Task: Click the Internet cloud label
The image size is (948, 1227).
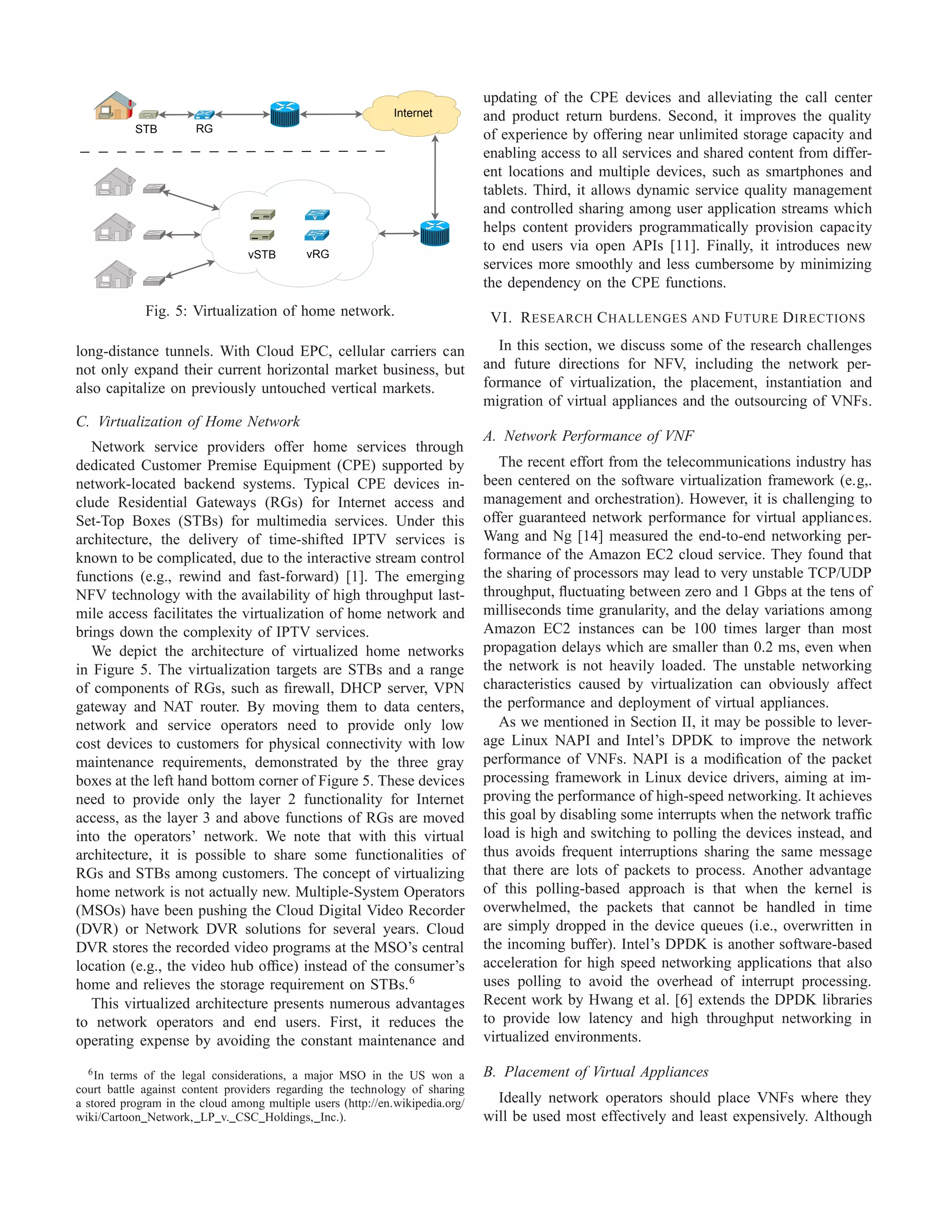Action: tap(413, 113)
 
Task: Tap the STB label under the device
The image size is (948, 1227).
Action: tap(146, 129)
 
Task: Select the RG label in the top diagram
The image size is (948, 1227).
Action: tap(205, 129)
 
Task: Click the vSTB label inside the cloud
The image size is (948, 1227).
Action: tap(262, 255)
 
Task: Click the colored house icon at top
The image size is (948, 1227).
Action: tap(115, 106)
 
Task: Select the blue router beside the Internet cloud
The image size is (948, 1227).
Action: tap(285, 114)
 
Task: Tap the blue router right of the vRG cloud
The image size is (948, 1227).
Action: tap(435, 233)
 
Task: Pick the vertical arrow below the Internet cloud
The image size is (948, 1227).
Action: tap(435, 177)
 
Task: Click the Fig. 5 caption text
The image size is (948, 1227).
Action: tap(269, 311)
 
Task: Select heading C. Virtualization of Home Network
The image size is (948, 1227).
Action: tap(188, 421)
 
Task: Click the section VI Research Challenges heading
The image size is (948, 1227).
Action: tap(678, 318)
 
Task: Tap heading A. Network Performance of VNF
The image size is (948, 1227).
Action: tap(589, 436)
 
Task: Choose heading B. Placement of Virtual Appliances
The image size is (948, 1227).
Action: tap(596, 1071)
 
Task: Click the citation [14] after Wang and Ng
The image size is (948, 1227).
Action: tap(590, 536)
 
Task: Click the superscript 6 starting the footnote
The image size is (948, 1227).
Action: tap(90, 1072)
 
